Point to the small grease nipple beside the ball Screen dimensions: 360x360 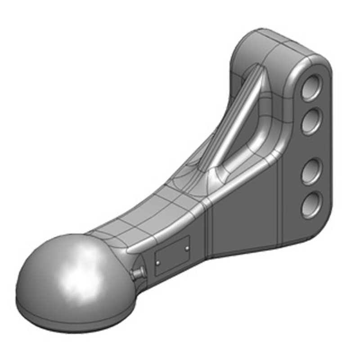pos(137,271)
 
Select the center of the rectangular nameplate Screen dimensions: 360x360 pos(172,256)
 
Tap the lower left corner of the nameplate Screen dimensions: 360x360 pos(156,275)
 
